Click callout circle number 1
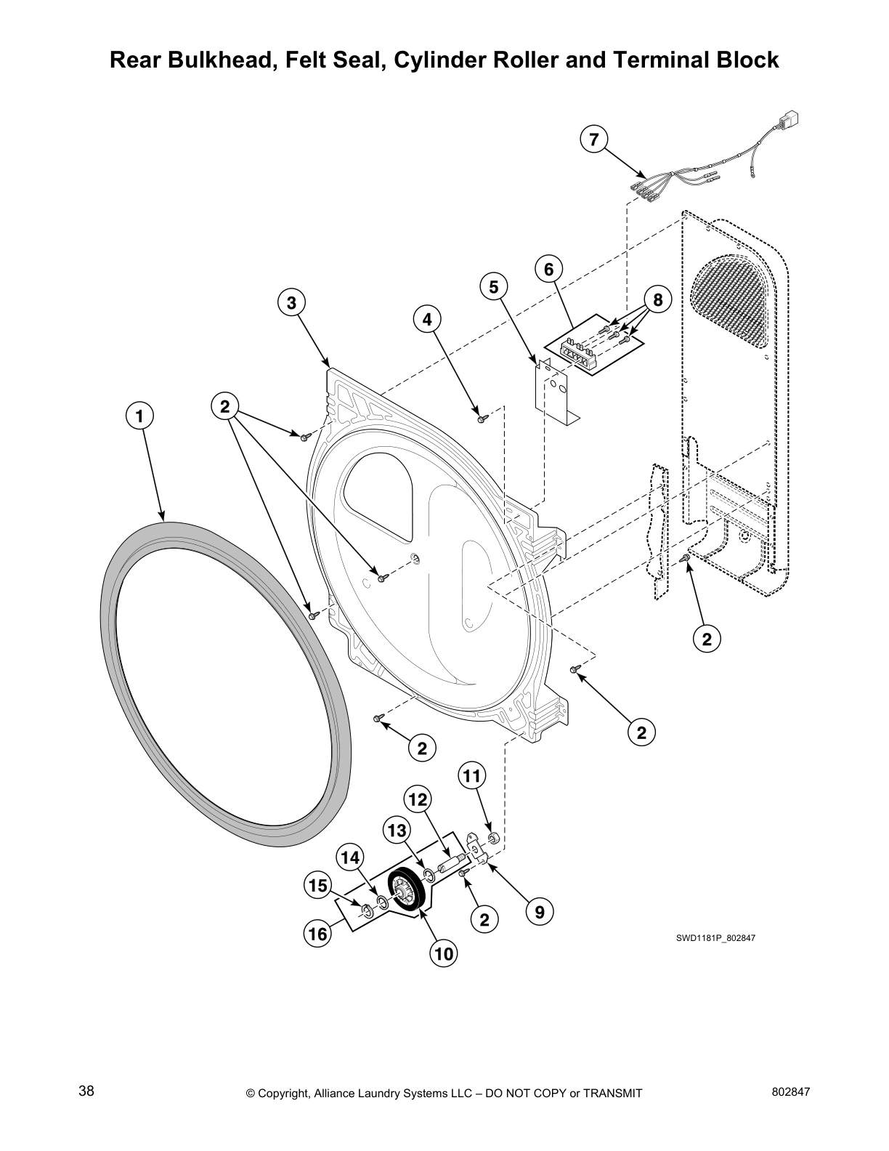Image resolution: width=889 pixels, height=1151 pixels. tap(139, 416)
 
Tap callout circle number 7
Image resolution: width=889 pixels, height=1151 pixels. tap(594, 139)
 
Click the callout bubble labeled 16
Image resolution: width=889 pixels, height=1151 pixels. tap(317, 934)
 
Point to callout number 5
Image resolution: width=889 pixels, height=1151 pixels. tap(494, 287)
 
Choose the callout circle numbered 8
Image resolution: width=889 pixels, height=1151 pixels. tap(658, 300)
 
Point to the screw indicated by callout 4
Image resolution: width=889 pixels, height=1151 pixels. tap(481, 419)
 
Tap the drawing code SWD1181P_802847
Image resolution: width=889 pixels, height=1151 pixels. tap(716, 938)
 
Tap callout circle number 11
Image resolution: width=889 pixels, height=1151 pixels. tap(472, 777)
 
